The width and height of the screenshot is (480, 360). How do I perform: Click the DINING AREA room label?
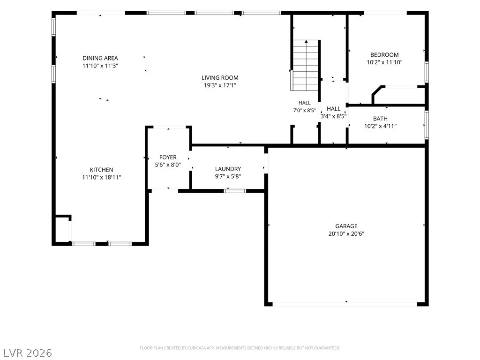point(100,58)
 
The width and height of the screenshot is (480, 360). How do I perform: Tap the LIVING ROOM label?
point(220,78)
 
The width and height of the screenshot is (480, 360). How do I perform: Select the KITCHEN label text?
point(101,170)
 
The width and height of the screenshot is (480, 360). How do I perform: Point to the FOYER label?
point(168,157)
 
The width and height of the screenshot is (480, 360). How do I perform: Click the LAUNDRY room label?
point(228,169)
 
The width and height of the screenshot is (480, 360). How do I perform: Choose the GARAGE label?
point(346,226)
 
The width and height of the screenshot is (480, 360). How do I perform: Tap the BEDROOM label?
point(384,55)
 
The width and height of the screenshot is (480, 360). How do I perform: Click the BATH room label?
point(380,119)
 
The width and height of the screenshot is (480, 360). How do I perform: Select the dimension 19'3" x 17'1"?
point(220,85)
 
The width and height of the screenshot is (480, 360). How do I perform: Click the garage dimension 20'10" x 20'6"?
point(346,233)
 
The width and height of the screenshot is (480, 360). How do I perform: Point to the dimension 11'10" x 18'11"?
point(101,177)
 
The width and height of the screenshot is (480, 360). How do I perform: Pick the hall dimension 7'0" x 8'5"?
point(304,110)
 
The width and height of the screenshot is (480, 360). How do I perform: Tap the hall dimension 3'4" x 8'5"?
point(333,116)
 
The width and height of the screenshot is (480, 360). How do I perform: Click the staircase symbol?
point(306,65)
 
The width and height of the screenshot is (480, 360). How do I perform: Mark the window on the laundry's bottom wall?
point(234,191)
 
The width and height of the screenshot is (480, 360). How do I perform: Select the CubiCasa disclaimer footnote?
point(240,348)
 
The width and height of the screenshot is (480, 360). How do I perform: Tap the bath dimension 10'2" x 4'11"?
point(380,126)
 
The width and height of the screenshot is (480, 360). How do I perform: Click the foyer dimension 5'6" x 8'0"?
point(168,165)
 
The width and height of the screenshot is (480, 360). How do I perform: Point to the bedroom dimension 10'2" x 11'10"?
point(384,62)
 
